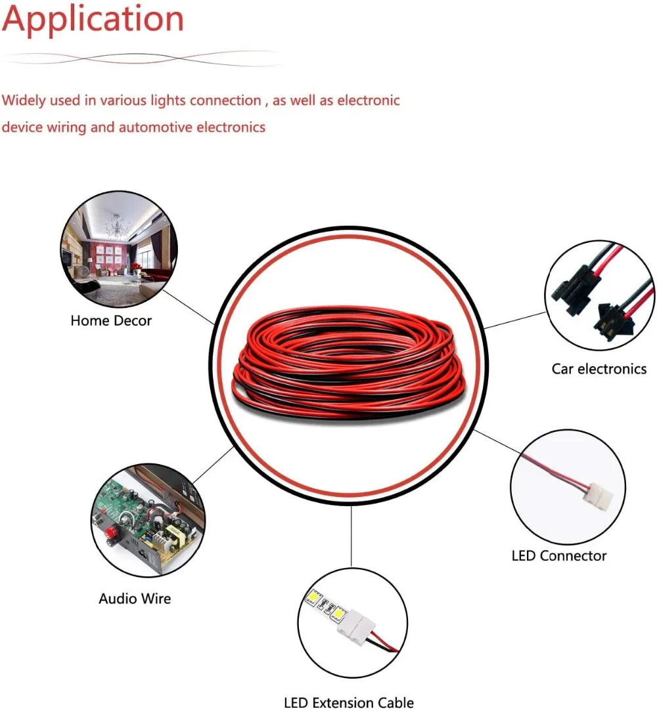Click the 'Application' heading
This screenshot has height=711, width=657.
coord(93,20)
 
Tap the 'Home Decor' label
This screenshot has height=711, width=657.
coord(111,321)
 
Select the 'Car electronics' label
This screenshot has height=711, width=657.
coord(599,369)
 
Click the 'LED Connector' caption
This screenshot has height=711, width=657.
coord(558,555)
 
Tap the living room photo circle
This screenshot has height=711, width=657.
coord(118,253)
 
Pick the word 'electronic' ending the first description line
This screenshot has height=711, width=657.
coord(369,100)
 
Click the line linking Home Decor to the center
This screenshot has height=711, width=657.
coord(189,306)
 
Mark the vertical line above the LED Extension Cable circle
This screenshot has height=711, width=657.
coord(351,535)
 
